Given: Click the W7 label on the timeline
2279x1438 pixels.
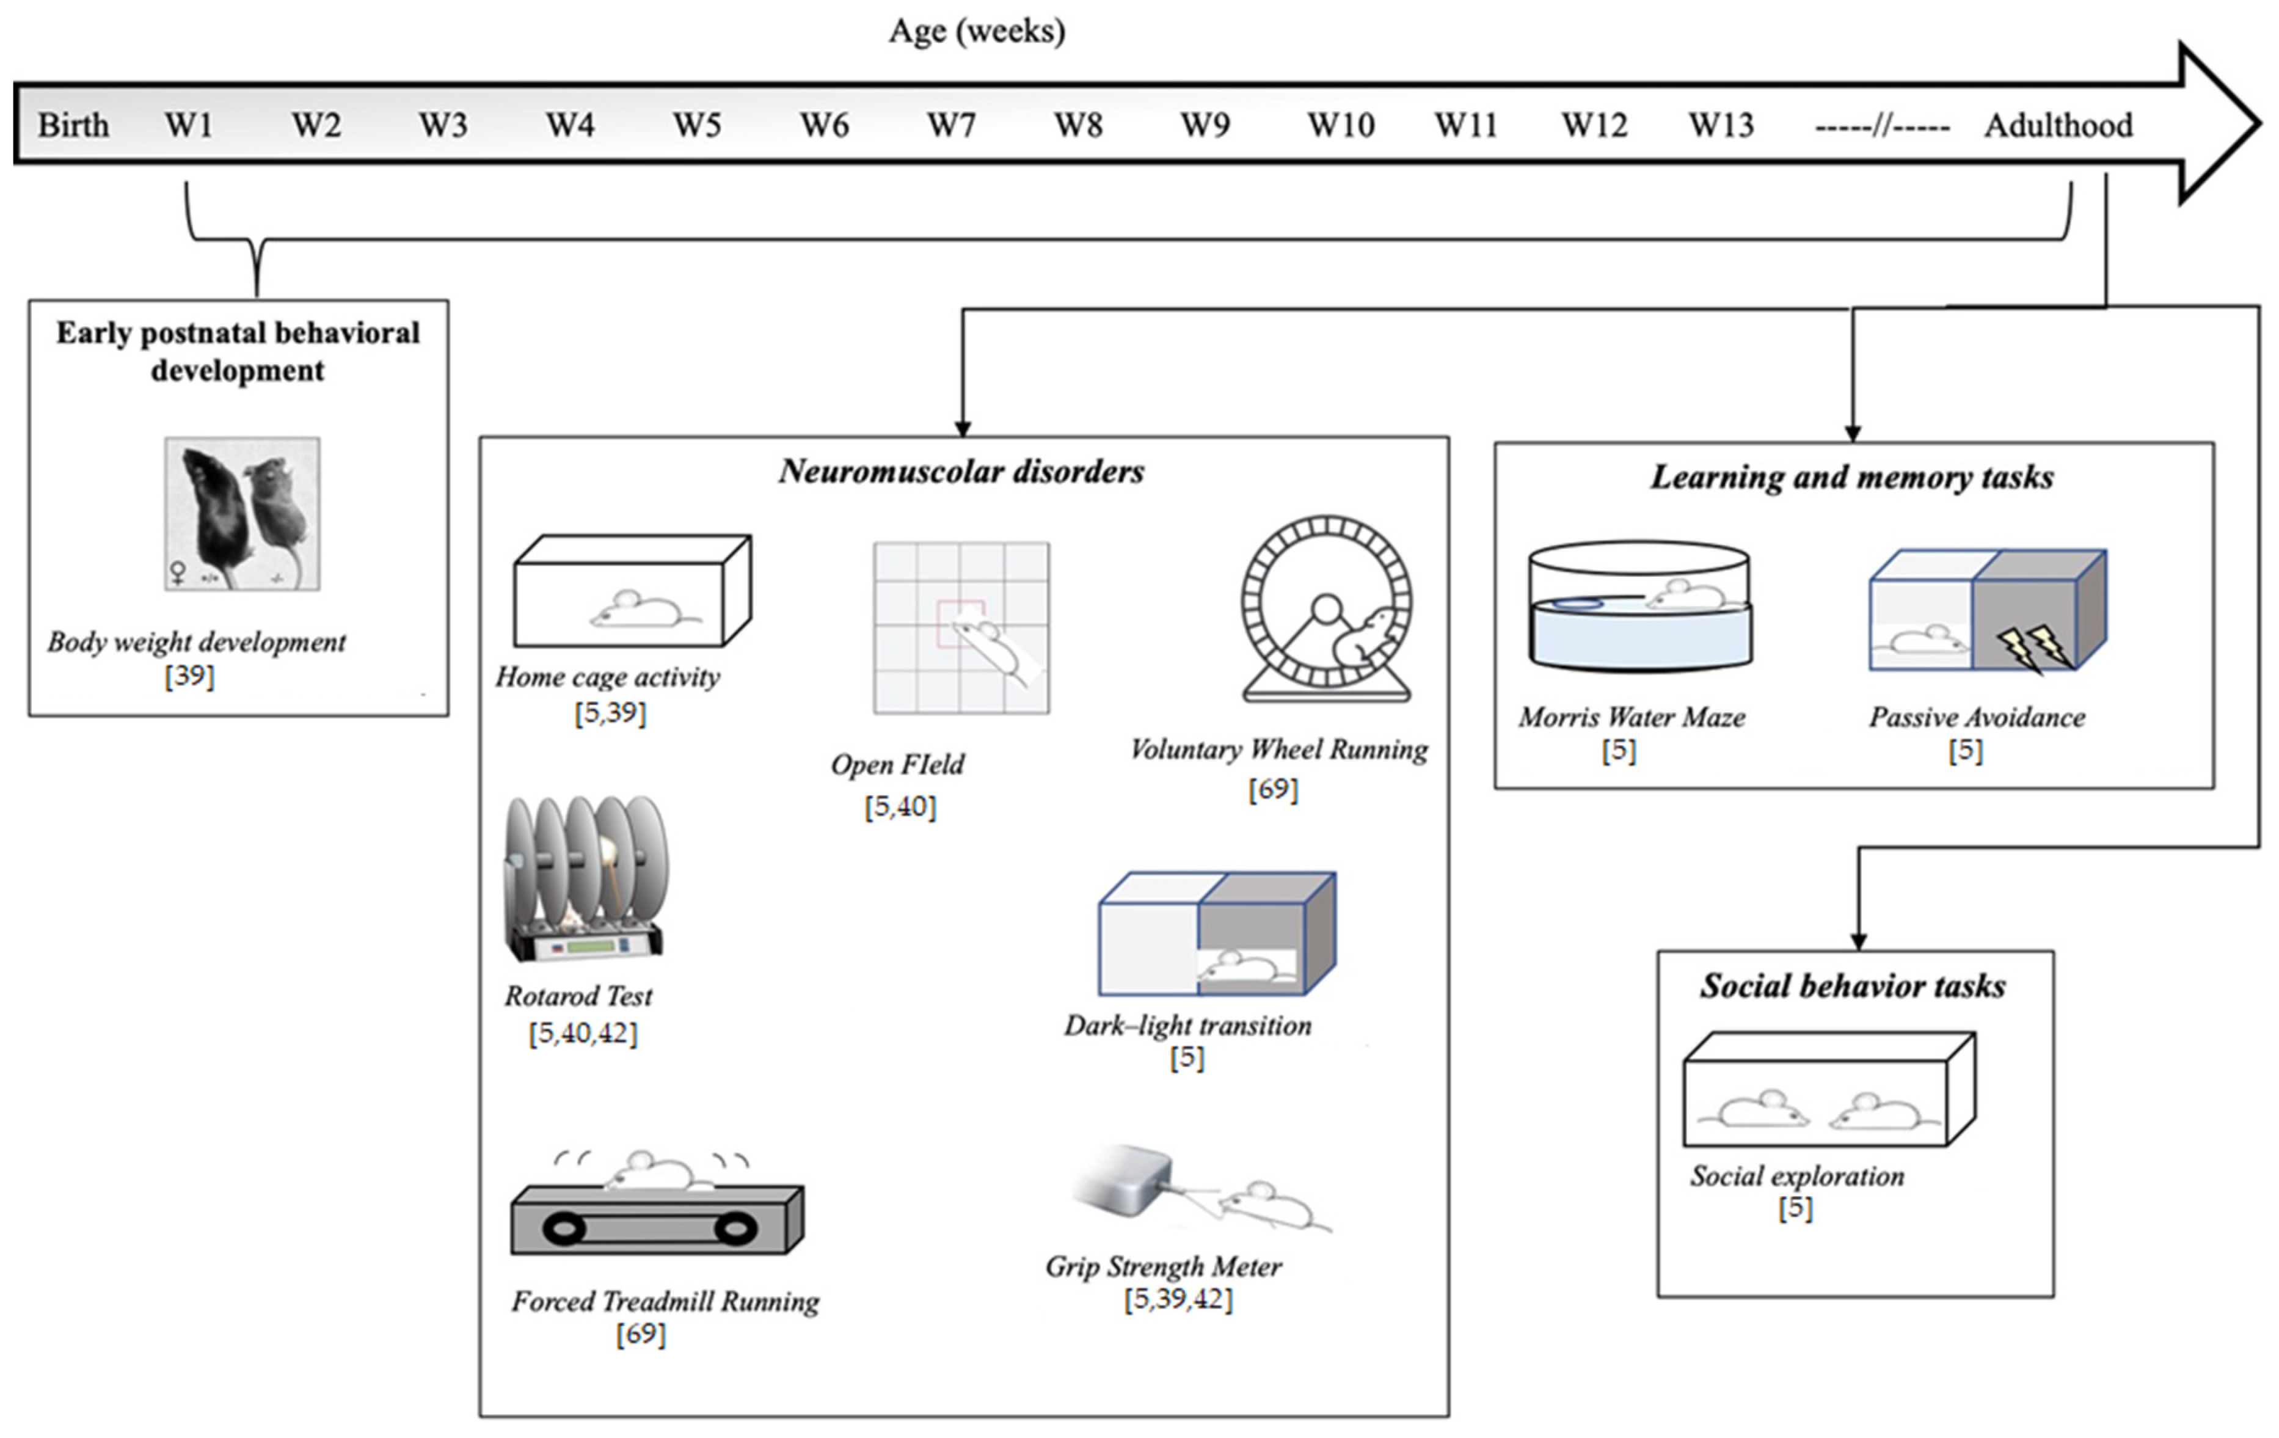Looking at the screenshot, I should click(950, 125).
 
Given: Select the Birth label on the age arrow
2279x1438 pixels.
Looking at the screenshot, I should click(73, 125).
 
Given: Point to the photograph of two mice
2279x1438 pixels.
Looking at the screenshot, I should click(242, 514).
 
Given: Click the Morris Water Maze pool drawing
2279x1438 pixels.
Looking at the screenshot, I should click(1639, 606).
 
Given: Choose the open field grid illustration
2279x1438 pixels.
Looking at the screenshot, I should click(961, 627).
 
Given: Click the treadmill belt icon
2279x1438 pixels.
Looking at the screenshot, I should click(656, 1221).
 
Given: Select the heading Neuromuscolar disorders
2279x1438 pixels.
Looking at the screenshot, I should click(961, 472).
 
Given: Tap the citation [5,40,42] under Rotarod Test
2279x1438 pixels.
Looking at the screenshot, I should click(583, 1033).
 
